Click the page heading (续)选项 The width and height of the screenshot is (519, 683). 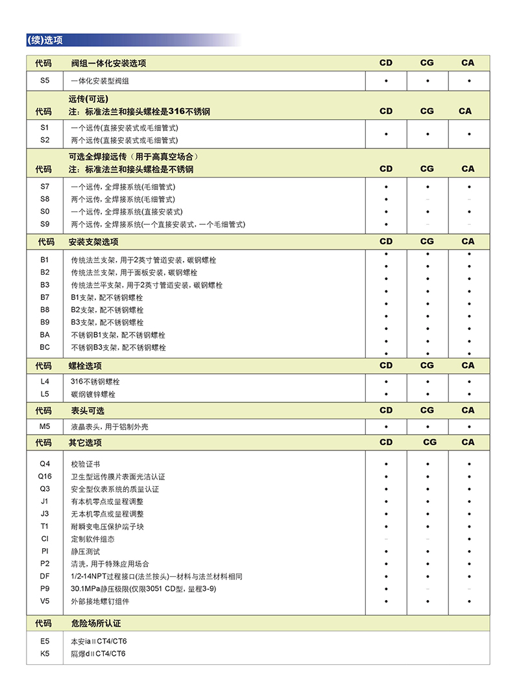tap(45, 40)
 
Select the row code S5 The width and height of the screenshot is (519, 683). tap(44, 81)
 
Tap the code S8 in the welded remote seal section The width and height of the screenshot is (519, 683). tap(44, 199)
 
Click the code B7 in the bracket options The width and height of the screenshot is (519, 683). tap(44, 297)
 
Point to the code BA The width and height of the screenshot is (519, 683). tap(44, 335)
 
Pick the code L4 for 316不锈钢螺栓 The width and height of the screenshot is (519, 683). tap(44, 382)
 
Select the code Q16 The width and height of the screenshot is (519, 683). tap(44, 476)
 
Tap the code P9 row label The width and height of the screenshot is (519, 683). tap(44, 588)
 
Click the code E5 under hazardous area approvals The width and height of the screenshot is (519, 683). tap(44, 641)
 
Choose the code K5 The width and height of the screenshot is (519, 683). tap(44, 653)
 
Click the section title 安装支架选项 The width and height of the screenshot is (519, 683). tap(93, 242)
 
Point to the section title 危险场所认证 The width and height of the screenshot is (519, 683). tap(96, 623)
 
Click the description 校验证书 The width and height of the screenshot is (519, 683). tap(85, 464)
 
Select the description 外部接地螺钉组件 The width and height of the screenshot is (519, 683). tap(100, 601)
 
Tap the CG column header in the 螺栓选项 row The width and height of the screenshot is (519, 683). tap(427, 365)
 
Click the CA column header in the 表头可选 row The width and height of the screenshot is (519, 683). tap(468, 410)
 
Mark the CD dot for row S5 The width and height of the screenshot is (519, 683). tap(386, 82)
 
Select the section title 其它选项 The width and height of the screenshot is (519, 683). tap(85, 443)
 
